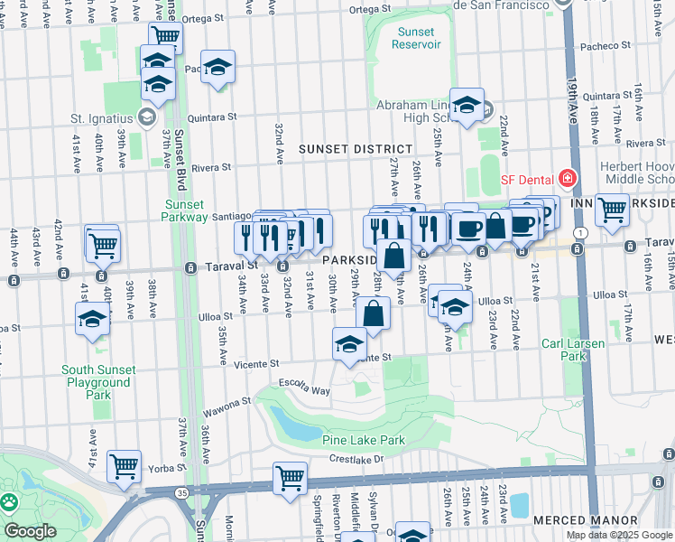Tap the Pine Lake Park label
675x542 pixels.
(x=363, y=440)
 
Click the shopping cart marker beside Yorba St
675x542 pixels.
(x=125, y=466)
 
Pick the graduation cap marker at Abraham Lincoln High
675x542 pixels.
(x=467, y=106)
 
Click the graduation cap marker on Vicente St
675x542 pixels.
(x=349, y=343)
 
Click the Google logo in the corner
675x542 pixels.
(x=30, y=531)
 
